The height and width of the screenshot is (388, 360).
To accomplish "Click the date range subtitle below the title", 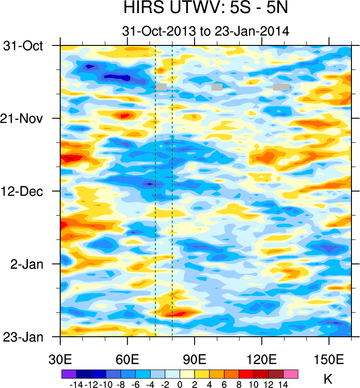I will click(205, 31).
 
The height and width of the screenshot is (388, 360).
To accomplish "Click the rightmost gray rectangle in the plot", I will click(281, 87).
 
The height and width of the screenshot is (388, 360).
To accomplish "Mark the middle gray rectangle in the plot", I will click(217, 87).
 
